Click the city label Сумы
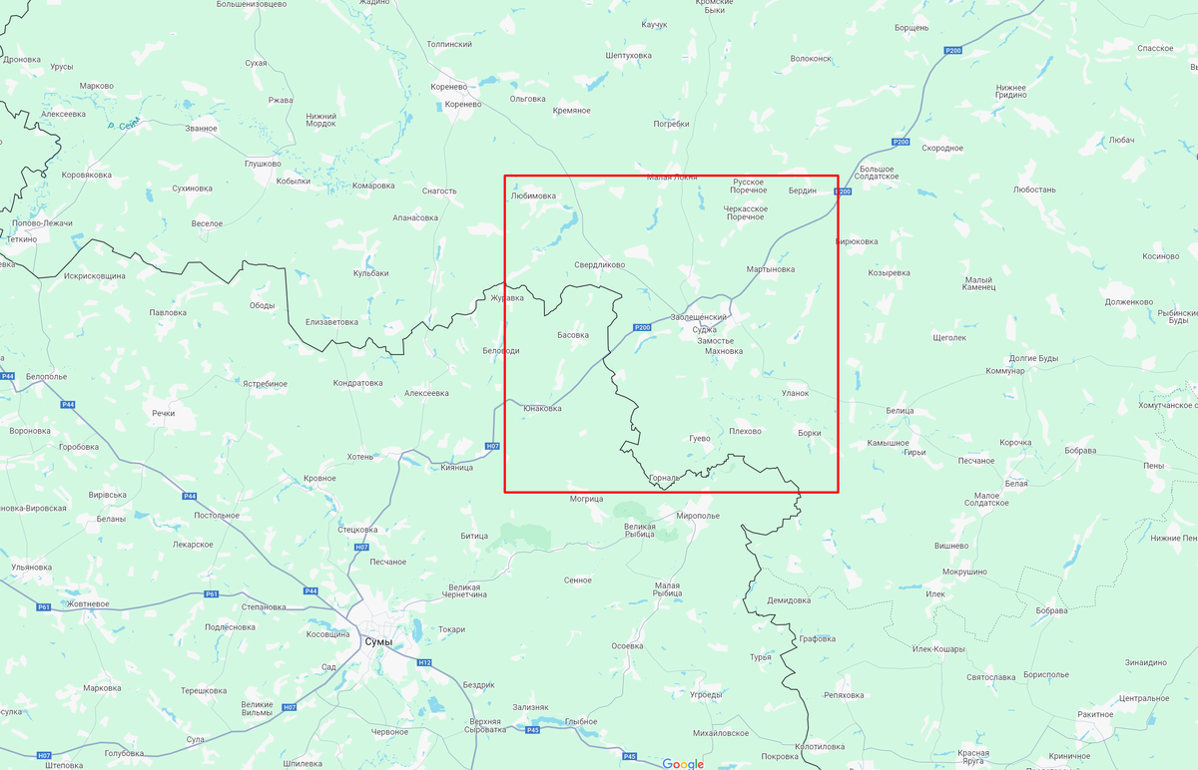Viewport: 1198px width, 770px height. click(x=378, y=642)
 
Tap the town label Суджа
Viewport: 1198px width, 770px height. click(x=704, y=329)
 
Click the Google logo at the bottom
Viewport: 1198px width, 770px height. click(x=683, y=764)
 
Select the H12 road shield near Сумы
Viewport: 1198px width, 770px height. click(x=423, y=662)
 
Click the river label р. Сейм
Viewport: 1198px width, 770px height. click(x=123, y=125)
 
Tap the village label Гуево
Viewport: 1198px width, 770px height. click(x=699, y=438)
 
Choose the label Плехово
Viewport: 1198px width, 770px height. click(x=745, y=431)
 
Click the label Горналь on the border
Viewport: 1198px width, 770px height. click(x=664, y=478)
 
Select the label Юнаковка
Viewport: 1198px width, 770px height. click(x=542, y=408)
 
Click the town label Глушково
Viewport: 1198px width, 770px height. click(x=263, y=164)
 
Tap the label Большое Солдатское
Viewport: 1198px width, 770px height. click(x=879, y=173)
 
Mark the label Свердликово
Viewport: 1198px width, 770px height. click(x=599, y=265)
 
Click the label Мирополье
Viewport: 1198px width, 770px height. click(x=697, y=516)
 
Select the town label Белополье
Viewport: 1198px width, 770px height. click(x=46, y=377)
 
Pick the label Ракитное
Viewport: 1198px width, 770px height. click(x=1094, y=714)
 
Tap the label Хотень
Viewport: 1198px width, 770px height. click(x=359, y=457)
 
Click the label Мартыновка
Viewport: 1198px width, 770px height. click(x=771, y=269)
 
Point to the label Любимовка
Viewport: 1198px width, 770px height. click(x=533, y=196)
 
